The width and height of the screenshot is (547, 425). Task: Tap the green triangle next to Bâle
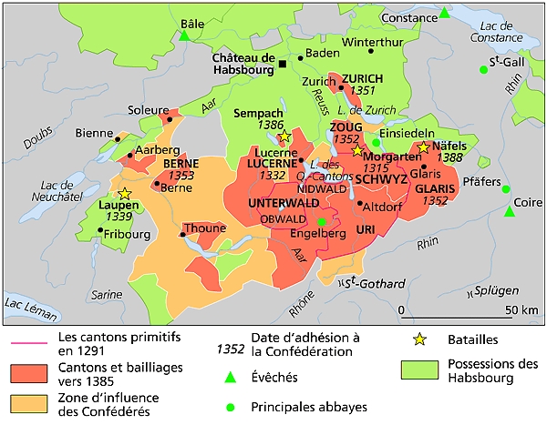click(184, 36)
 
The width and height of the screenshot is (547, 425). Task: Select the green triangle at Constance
click(444, 13)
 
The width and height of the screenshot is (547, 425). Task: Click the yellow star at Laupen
click(124, 194)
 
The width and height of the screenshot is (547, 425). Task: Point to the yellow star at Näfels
click(423, 147)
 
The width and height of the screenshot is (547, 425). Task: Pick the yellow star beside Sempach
click(284, 137)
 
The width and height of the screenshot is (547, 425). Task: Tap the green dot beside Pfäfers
click(505, 189)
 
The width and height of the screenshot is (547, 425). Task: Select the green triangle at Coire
click(510, 212)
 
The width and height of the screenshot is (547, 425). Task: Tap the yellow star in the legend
click(418, 339)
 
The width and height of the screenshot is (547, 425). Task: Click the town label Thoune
click(203, 228)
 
